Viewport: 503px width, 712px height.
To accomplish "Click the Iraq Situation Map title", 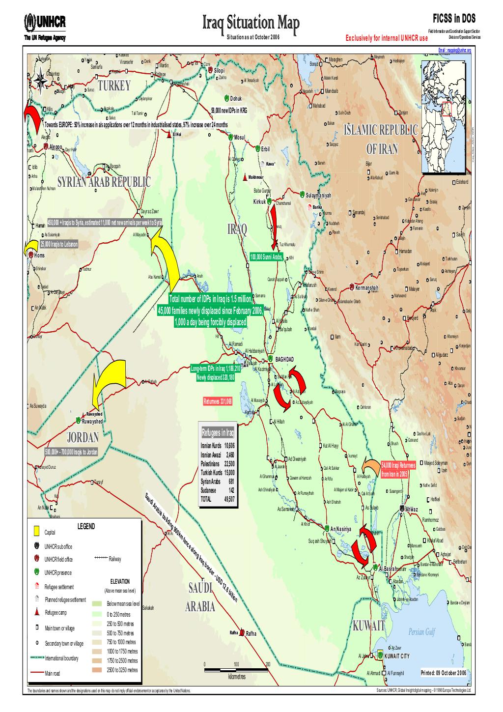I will click(250, 23).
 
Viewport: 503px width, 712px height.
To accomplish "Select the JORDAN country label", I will click(83, 437).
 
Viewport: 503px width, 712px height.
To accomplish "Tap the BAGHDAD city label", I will click(284, 360).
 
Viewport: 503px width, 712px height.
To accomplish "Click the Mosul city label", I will click(239, 137).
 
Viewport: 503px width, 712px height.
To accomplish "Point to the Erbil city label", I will click(265, 148).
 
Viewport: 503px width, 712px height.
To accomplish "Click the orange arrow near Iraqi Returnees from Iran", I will click(370, 467).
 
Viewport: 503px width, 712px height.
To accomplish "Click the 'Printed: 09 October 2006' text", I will click(445, 673).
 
